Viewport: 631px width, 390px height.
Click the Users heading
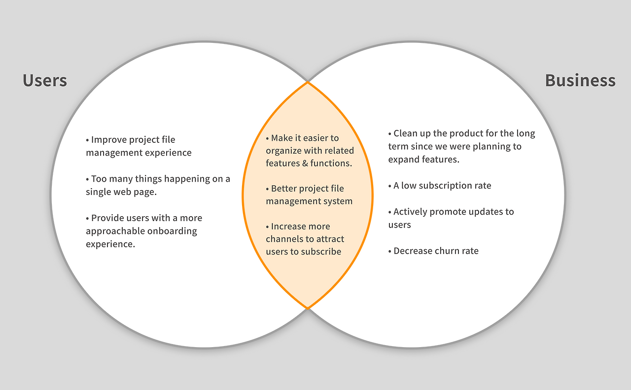click(45, 80)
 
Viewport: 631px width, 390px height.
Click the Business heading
click(580, 80)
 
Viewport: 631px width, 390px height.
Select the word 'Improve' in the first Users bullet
click(107, 140)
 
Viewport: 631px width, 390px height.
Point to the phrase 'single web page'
click(121, 192)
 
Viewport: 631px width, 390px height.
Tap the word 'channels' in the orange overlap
click(283, 239)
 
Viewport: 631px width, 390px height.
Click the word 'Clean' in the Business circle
click(406, 133)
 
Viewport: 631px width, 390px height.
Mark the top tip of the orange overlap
click(308, 82)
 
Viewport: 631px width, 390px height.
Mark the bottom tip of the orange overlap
click(308, 308)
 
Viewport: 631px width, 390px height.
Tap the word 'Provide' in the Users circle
click(107, 218)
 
